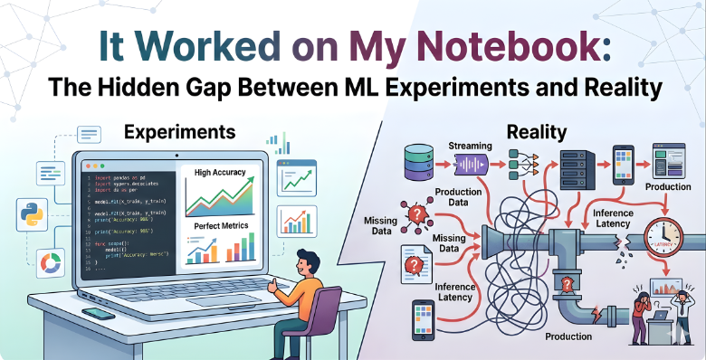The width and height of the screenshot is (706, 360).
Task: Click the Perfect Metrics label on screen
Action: click(221, 224)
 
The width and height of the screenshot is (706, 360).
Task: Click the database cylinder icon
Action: click(417, 160)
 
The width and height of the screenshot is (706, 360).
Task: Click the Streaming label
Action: click(471, 145)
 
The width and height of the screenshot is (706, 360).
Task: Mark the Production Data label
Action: click(457, 198)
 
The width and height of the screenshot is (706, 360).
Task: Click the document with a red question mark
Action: click(415, 263)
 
